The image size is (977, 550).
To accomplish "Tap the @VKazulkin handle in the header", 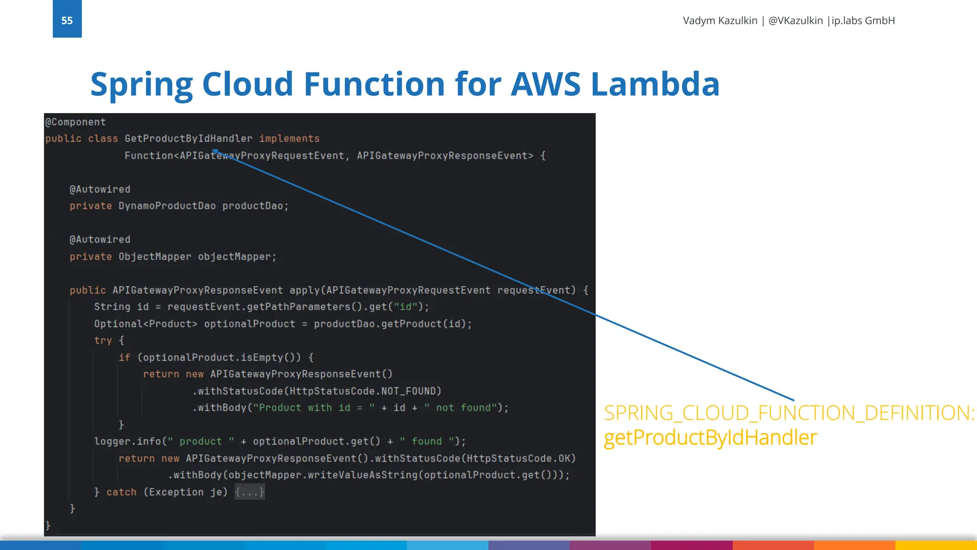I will coord(795,21).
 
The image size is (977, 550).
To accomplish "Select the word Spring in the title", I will coord(141,84).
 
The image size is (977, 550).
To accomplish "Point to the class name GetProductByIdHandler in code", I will coord(188,138).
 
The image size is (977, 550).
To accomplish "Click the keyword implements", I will coord(289,138).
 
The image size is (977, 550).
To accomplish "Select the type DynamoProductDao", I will coord(167,206).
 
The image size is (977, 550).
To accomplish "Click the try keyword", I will coord(103,340).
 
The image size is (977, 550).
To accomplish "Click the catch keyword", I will coord(121,492).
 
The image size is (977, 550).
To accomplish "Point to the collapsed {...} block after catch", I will coord(249,492).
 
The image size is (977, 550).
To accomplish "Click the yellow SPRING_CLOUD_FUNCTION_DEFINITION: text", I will coord(789,413).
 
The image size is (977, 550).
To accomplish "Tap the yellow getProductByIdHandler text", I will coord(710,437).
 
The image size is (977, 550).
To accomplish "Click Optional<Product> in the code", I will coord(146,324).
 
